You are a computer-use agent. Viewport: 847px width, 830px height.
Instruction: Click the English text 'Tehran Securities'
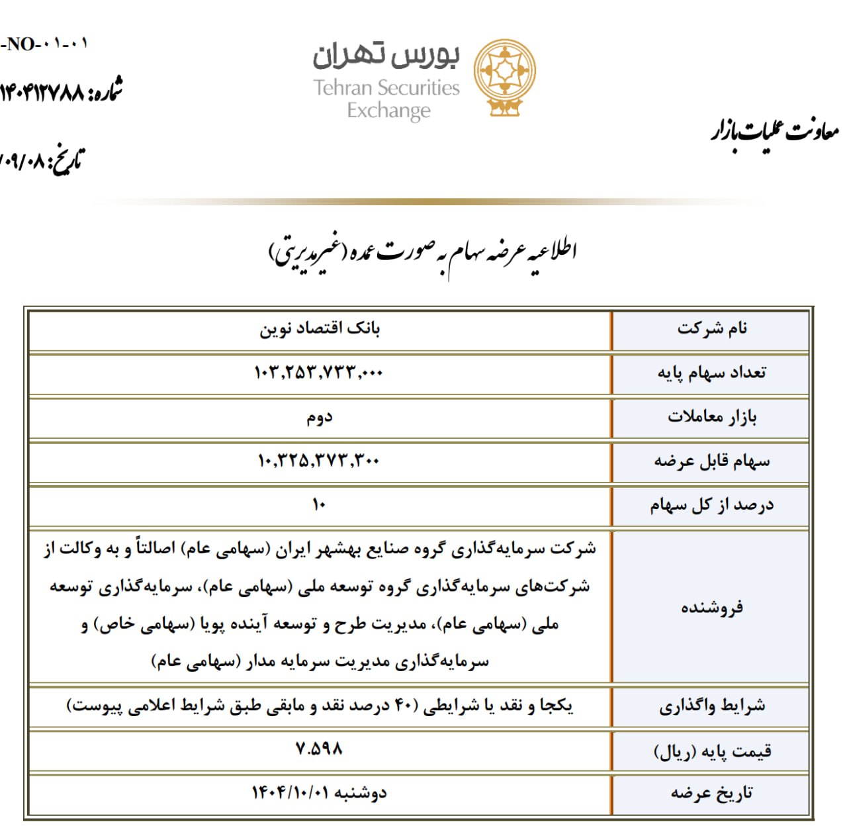click(386, 88)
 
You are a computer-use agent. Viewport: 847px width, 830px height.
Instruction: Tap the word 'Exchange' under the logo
click(388, 111)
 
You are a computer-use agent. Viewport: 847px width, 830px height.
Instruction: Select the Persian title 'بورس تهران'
click(386, 56)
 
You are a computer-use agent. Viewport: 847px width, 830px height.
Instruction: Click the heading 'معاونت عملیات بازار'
click(775, 131)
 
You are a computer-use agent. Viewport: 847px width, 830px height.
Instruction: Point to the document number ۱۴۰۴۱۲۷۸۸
click(43, 92)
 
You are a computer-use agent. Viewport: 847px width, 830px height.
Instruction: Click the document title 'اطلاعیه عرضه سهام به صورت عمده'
click(423, 252)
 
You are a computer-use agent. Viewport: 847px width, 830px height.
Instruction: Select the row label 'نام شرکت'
click(712, 328)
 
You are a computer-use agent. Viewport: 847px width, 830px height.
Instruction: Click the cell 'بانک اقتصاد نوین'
click(320, 329)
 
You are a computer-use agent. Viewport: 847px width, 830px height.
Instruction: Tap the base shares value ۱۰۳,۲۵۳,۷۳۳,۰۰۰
click(318, 373)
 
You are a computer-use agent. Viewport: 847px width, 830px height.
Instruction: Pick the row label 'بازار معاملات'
click(712, 417)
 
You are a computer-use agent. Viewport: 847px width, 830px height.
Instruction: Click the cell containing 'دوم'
click(319, 418)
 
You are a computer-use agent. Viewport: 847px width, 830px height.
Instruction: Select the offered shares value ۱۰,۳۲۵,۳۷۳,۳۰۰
click(318, 461)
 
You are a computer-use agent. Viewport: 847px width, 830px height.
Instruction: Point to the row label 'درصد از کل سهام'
click(712, 506)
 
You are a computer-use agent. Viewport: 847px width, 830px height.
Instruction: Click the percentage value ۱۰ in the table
click(319, 505)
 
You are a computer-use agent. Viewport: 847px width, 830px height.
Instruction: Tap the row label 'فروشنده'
click(712, 607)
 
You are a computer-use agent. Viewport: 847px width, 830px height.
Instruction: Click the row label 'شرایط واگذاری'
click(712, 706)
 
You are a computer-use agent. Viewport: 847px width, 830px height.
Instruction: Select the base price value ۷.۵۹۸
click(319, 749)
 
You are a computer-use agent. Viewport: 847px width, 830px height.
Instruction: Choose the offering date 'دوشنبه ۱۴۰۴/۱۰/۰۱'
click(319, 793)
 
